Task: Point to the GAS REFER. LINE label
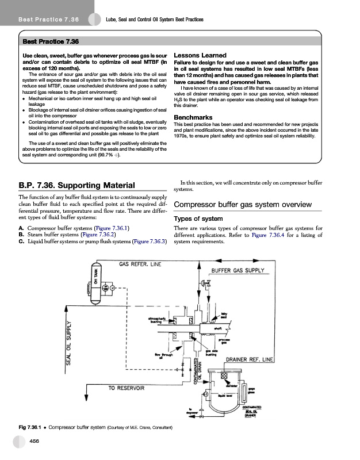coord(140,264)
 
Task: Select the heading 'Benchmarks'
coord(193,117)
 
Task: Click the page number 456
coord(35,440)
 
